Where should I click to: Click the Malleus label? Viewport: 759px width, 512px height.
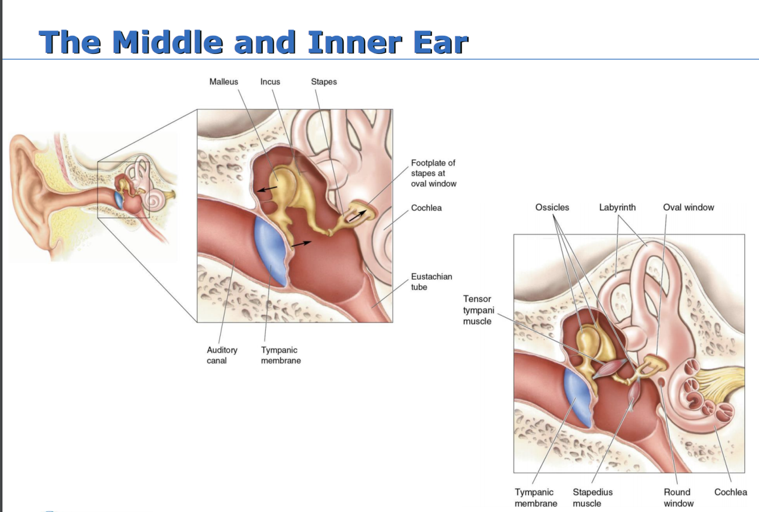coord(224,82)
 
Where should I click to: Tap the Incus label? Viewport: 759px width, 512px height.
coord(270,82)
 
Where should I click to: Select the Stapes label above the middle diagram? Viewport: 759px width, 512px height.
coord(324,82)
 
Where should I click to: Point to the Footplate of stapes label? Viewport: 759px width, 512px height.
coord(433,173)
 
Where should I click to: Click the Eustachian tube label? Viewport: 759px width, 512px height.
coord(431,281)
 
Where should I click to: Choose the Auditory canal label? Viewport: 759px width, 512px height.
coord(222,355)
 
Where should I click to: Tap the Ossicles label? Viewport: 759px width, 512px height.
coord(552,207)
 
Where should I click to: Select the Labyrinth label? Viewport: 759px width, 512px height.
coord(617,207)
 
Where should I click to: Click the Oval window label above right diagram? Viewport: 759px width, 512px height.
coord(688,207)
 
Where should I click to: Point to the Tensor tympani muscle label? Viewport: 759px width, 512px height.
coord(478,310)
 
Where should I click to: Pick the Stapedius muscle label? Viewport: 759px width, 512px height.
coord(592,497)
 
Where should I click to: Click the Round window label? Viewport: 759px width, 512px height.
coord(678,497)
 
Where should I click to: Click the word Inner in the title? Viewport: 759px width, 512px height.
coord(348,42)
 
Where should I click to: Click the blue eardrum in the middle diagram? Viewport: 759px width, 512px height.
coord(270,250)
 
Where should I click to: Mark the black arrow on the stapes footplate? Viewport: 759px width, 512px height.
coord(357,215)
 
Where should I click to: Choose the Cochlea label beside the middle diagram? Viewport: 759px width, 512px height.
coord(426,208)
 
